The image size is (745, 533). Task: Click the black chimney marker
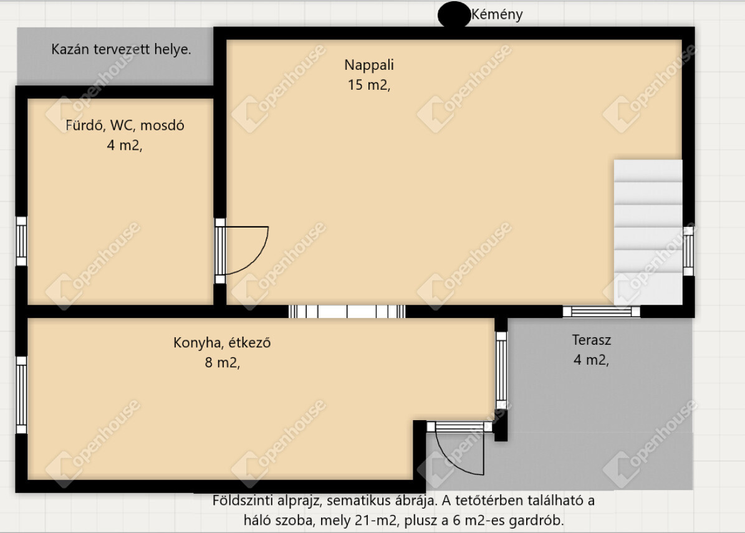tap(454, 14)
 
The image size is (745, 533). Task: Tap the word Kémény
tap(497, 14)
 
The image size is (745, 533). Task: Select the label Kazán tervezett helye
tap(121, 49)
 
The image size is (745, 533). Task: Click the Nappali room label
tap(369, 65)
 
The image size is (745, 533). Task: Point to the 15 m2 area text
tap(368, 85)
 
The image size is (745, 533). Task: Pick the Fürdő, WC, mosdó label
tap(125, 125)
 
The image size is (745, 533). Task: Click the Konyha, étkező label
tap(222, 342)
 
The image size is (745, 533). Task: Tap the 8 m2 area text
tap(223, 362)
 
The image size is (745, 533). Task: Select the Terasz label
tap(592, 340)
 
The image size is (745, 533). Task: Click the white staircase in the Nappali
tap(648, 232)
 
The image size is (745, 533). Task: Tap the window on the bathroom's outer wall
tap(21, 241)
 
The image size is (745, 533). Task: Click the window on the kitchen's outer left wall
tap(21, 395)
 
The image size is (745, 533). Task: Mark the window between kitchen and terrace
tap(501, 370)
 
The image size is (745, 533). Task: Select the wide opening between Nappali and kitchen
tap(347, 312)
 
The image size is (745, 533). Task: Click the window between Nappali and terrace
tap(601, 312)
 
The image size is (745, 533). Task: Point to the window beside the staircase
tap(688, 251)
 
